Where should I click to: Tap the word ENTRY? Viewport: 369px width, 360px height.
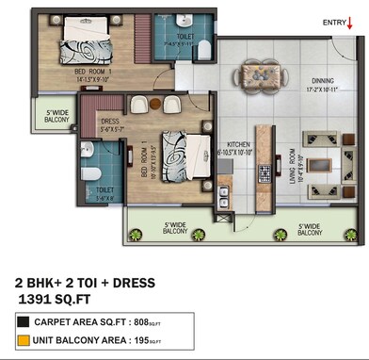coord(335,21)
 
